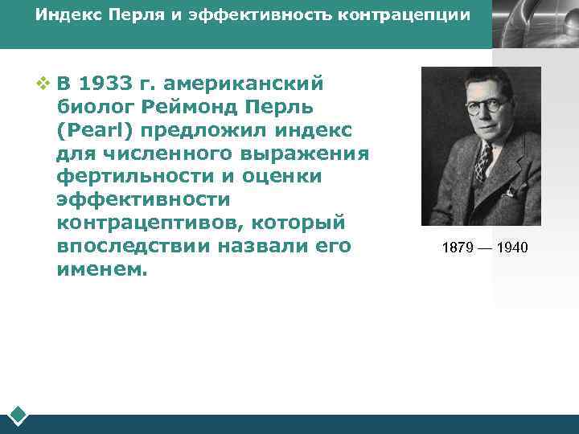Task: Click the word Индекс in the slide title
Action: (x=64, y=16)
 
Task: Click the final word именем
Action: (x=102, y=269)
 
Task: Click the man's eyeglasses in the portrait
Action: (x=487, y=104)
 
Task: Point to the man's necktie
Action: (x=482, y=161)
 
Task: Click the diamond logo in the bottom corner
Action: (x=18, y=416)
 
